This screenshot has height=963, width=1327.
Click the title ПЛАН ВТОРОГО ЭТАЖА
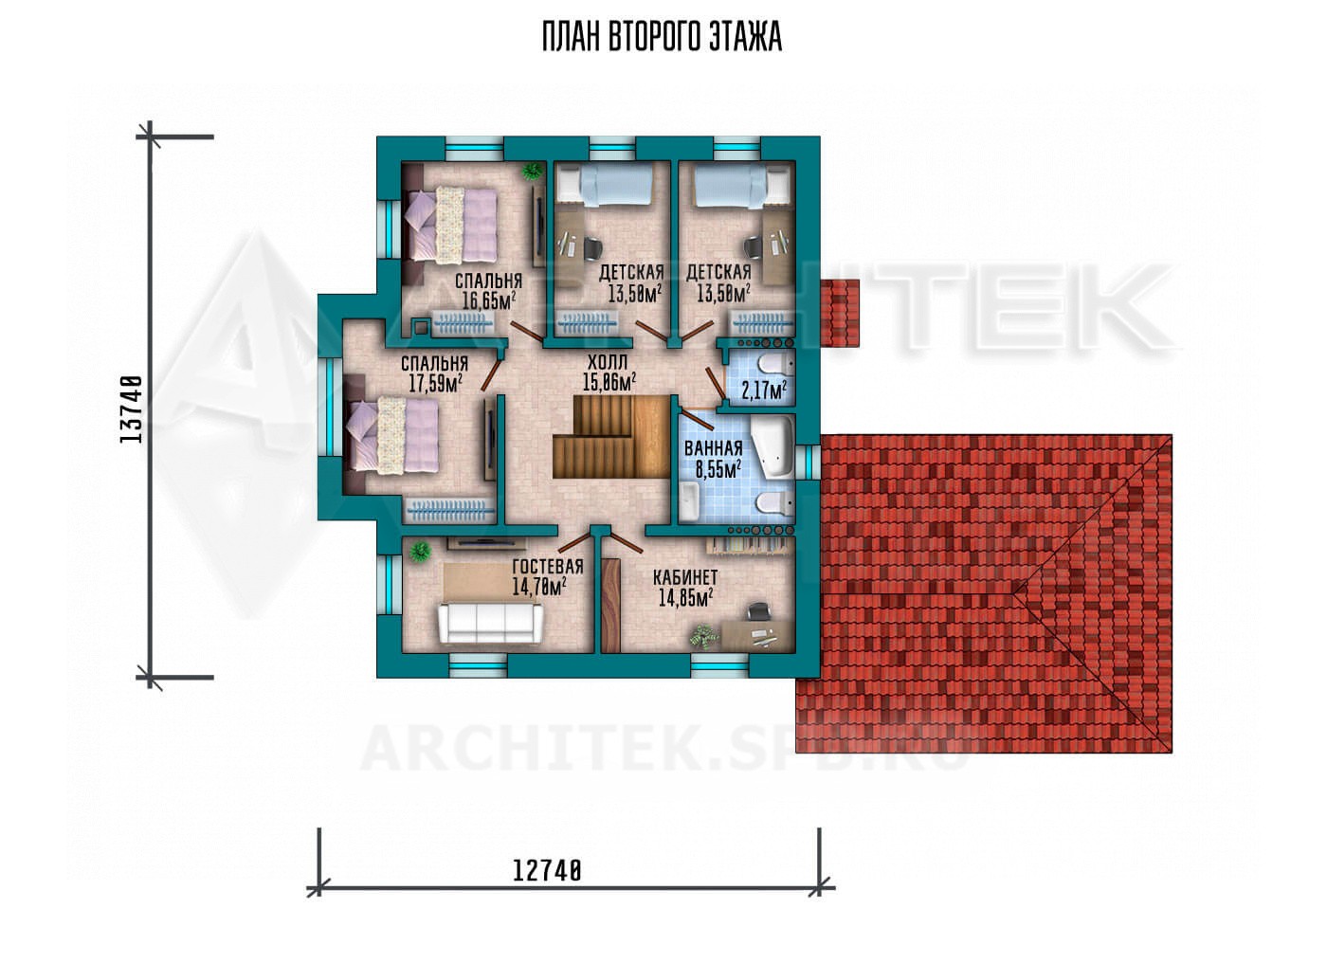[662, 38]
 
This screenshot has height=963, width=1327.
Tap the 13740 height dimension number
[131, 409]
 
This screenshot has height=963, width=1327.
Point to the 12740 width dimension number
[546, 871]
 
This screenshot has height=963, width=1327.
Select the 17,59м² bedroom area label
[435, 383]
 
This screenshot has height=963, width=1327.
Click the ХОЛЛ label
[608, 362]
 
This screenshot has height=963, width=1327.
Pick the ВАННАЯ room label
[713, 448]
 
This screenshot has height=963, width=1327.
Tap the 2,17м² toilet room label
[764, 390]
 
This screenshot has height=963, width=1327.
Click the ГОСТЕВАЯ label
[548, 567]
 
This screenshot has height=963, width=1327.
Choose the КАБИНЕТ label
[685, 577]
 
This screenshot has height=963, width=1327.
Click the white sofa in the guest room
[490, 623]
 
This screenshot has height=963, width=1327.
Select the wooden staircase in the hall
[612, 437]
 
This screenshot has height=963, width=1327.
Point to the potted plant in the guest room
[420, 552]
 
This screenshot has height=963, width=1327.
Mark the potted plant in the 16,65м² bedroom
[531, 171]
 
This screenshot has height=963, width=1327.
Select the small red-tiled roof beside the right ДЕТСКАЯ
[840, 314]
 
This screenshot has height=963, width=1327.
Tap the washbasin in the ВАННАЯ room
[690, 501]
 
